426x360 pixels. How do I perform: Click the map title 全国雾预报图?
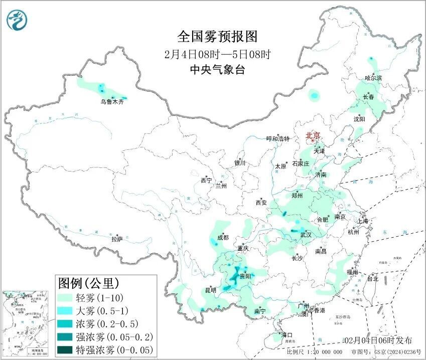(x=217, y=37)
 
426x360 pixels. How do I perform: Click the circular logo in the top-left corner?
(x=17, y=20)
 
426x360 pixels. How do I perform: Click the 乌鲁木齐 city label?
(x=111, y=102)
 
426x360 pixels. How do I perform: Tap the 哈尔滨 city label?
(x=373, y=78)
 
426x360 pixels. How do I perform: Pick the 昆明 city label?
(x=210, y=290)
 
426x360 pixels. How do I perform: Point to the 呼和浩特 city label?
(x=278, y=139)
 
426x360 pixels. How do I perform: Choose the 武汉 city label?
(x=306, y=235)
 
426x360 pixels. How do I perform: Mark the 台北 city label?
(x=372, y=279)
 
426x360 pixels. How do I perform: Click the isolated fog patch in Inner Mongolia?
(x=314, y=94)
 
